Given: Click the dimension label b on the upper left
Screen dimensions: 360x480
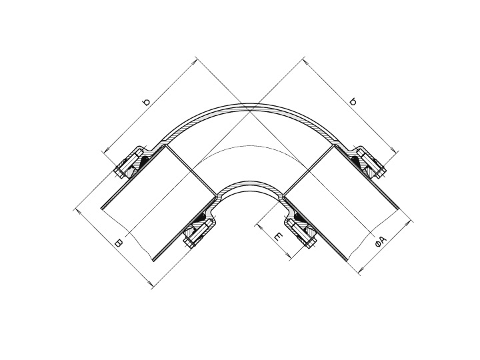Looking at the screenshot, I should pos(147,102).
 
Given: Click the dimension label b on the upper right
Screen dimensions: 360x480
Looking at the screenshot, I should pos(353,102).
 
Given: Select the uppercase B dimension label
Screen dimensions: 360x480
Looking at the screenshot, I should pos(118,243).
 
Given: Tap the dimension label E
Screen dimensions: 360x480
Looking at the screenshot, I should pos(278,237).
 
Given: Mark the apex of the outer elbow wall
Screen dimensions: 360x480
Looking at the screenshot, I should pos(251,105).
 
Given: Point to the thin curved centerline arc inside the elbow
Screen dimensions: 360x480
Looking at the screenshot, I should pos(251,146).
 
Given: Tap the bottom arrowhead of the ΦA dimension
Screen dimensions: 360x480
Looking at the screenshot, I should pos(360,272).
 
